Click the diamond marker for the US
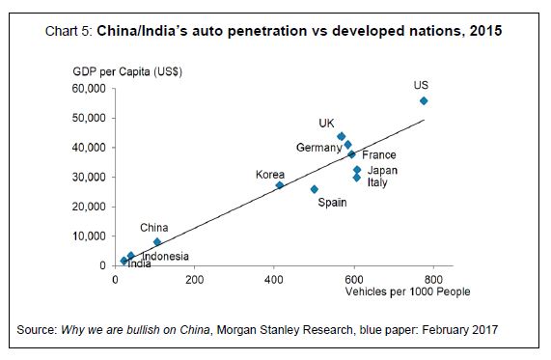[424, 101]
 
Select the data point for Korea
[280, 185]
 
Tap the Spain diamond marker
[314, 189]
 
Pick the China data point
[157, 242]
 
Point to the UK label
[326, 124]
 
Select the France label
[378, 155]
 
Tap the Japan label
[382, 171]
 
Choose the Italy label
[377, 182]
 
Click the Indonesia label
[165, 257]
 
